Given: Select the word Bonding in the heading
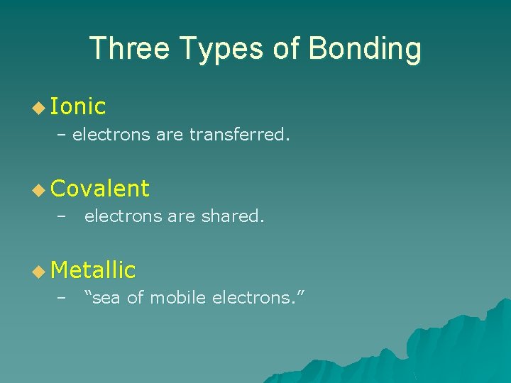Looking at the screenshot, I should tap(366, 49).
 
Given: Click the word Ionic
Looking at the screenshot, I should tap(79, 106).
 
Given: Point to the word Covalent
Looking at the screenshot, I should tap(100, 188).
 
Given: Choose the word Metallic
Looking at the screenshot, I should tap(93, 270).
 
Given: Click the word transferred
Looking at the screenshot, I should tap(239, 135).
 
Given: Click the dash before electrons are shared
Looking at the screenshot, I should tap(62, 216).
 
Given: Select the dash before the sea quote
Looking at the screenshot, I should tap(62, 298).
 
